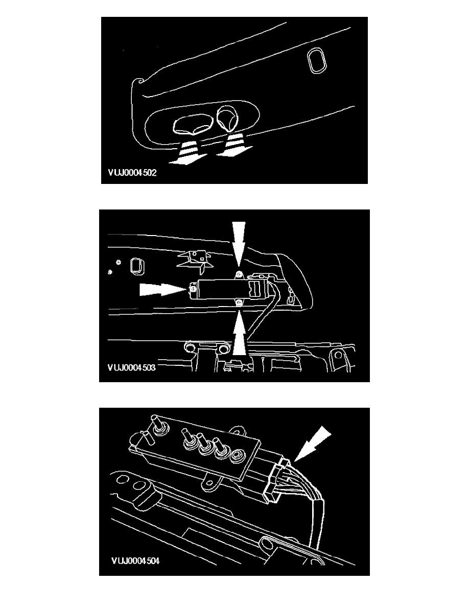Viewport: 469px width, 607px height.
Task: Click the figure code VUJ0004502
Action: coord(132,173)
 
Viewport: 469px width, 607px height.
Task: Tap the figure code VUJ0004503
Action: coord(132,367)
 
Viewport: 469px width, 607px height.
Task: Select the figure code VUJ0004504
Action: coord(135,561)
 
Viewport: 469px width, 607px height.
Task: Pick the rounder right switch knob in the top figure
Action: coord(228,118)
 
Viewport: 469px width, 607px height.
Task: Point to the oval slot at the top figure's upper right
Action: coord(317,60)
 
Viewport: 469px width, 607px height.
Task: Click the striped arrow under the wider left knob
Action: coord(187,152)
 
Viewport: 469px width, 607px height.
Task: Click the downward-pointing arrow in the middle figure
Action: coord(239,242)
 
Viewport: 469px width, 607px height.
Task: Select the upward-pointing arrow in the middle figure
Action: coord(239,332)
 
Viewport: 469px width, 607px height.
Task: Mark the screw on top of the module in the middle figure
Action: coord(239,275)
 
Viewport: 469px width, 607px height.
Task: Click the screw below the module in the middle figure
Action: coord(240,302)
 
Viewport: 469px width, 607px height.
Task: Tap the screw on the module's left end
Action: coord(192,288)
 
